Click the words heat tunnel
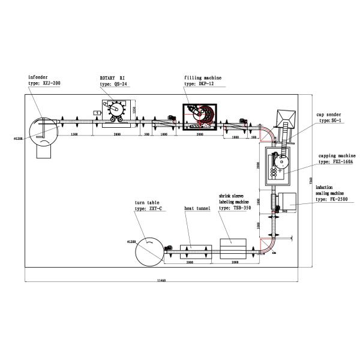(197, 208)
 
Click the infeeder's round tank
(43, 127)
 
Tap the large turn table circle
(148, 247)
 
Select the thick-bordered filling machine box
(199, 116)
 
